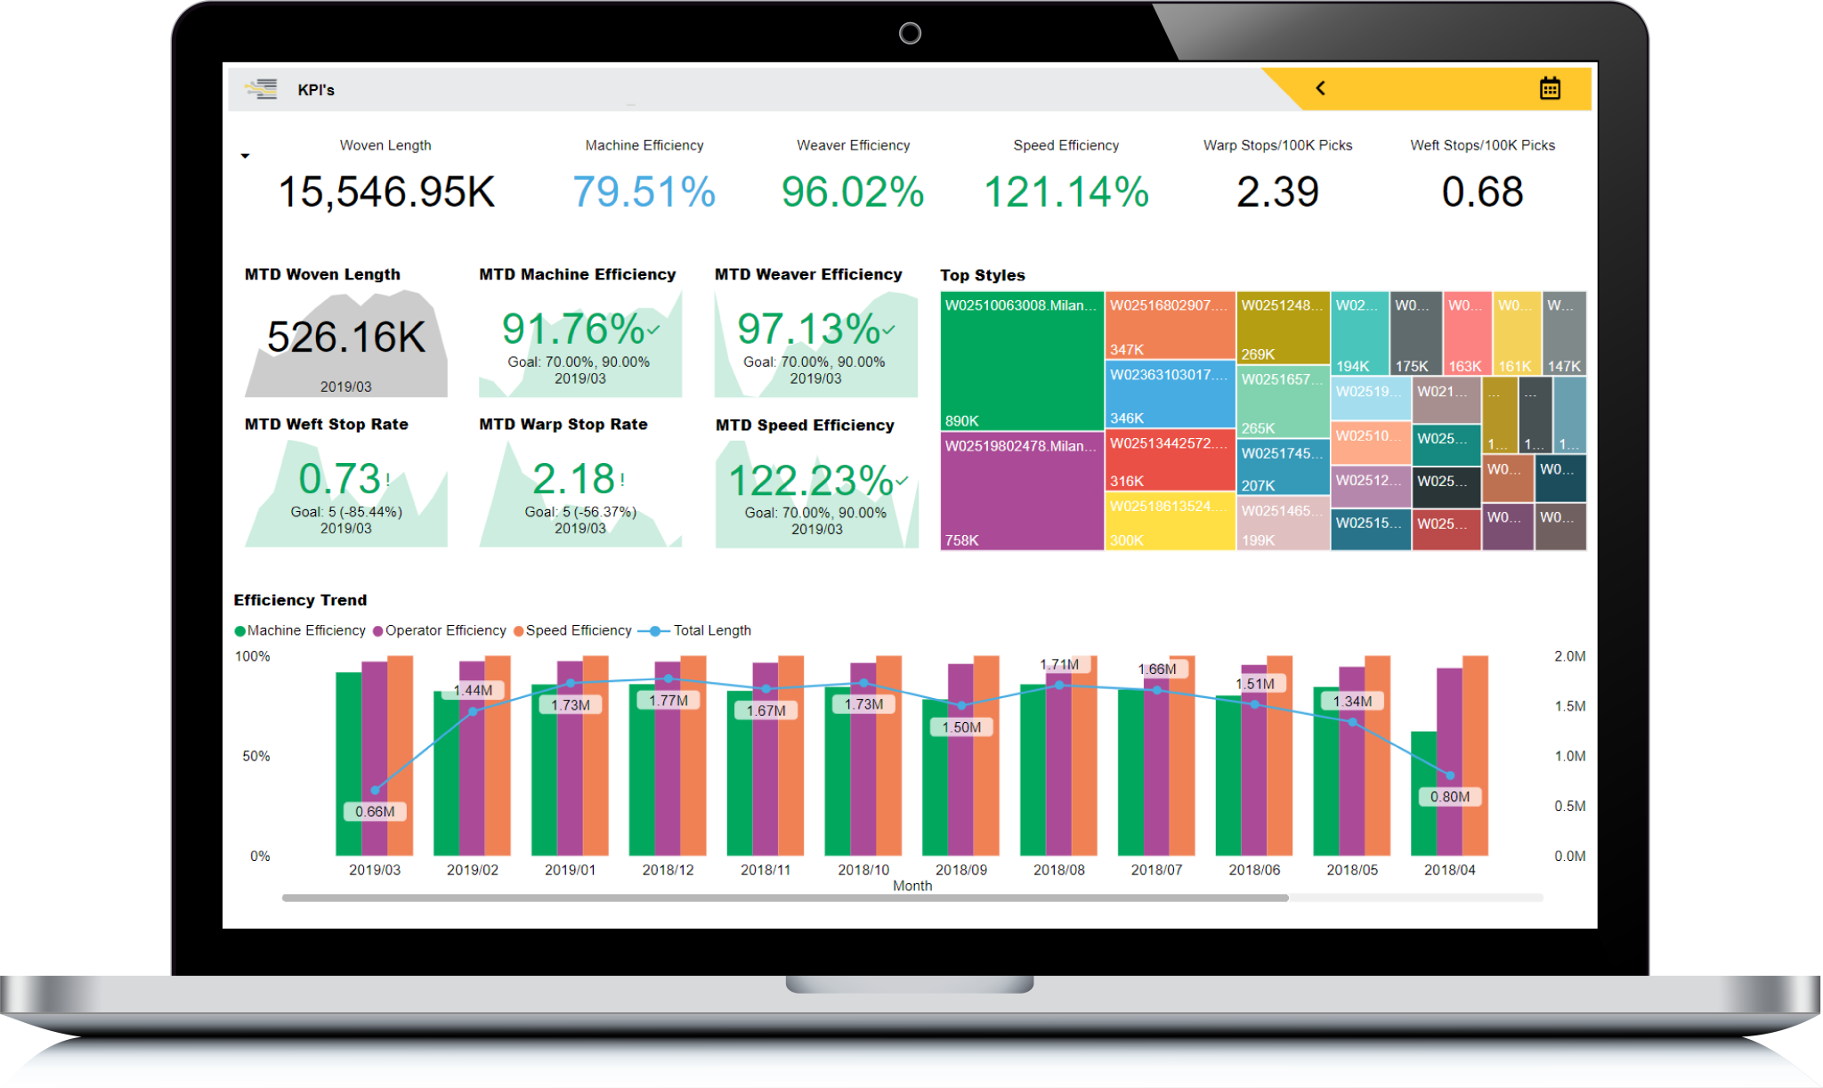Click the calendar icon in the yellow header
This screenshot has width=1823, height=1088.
(1550, 88)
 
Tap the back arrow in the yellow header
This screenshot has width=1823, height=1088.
(1321, 88)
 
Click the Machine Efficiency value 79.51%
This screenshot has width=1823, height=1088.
(644, 192)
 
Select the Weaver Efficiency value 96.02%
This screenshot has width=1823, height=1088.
(853, 192)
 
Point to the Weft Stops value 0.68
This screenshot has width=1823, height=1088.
(1482, 192)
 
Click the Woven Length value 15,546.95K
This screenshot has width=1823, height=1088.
(386, 192)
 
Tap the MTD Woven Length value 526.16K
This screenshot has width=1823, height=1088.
(346, 337)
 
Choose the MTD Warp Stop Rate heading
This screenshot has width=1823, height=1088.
(563, 425)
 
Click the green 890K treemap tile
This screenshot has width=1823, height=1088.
(1022, 361)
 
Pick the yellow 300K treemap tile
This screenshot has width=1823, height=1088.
(1170, 522)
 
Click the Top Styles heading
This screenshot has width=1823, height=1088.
(983, 275)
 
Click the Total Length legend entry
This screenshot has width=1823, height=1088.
(711, 630)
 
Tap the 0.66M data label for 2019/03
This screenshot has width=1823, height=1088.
(375, 811)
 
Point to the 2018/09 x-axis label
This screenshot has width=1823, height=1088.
(960, 870)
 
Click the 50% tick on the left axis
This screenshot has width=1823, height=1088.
(256, 756)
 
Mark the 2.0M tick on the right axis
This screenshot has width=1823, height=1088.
(1569, 656)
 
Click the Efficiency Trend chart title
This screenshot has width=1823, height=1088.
(300, 600)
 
